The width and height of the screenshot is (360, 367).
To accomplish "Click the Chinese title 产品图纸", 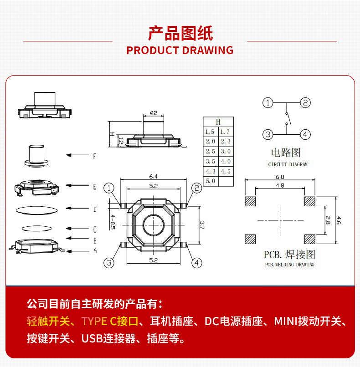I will click(x=180, y=33).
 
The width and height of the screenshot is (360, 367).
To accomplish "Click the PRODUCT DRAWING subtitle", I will click(x=180, y=51).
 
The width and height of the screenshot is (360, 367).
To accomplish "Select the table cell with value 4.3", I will click(x=211, y=171).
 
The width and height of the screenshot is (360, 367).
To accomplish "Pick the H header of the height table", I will click(x=218, y=122).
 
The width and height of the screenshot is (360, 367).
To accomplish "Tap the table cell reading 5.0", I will click(x=211, y=181).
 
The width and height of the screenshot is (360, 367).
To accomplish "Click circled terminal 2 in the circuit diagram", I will click(x=305, y=102).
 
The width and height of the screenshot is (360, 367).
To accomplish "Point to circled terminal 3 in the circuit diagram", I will click(x=268, y=134).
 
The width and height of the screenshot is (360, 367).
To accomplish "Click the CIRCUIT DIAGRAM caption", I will click(x=288, y=164).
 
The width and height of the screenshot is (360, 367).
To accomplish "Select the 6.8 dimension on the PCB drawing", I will click(x=280, y=177).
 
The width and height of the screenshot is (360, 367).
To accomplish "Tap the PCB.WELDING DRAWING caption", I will click(x=289, y=265).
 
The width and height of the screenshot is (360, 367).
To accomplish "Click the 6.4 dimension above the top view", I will click(x=153, y=176).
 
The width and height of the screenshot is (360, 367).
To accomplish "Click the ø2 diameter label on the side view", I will click(x=153, y=113).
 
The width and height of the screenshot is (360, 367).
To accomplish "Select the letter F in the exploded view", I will click(x=95, y=156).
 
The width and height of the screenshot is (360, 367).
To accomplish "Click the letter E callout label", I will click(x=95, y=187).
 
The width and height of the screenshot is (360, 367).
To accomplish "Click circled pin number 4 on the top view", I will click(x=196, y=263).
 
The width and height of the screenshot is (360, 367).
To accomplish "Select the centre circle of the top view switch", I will click(x=153, y=225).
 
